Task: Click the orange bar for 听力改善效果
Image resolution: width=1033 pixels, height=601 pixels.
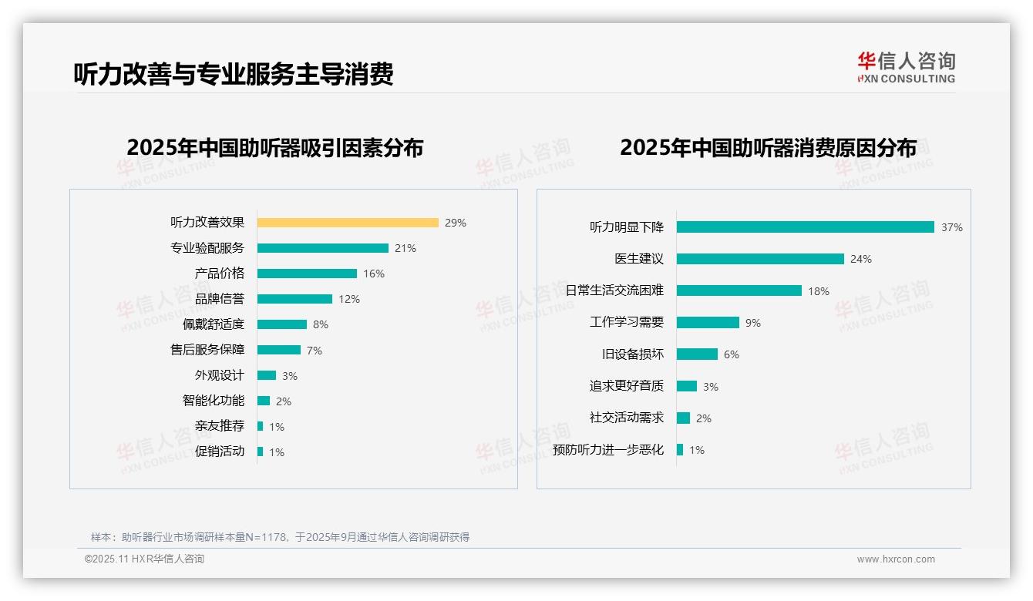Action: (x=348, y=223)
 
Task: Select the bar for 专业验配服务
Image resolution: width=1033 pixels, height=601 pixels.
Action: (x=322, y=248)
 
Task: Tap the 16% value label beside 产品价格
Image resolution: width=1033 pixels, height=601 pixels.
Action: (x=374, y=274)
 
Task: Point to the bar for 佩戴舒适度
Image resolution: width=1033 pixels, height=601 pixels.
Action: (x=282, y=324)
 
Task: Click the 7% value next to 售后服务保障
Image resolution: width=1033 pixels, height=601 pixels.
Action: (x=315, y=351)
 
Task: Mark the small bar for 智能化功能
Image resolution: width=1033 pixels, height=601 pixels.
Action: (x=264, y=401)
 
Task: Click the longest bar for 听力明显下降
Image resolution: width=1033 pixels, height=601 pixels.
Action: (x=806, y=227)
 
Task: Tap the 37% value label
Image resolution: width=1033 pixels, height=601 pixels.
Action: (x=951, y=227)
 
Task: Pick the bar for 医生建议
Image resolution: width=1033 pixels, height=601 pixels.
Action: (x=760, y=259)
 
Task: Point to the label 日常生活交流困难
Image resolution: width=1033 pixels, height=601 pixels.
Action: (x=614, y=290)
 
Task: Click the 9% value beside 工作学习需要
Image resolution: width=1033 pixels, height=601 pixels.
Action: (x=753, y=323)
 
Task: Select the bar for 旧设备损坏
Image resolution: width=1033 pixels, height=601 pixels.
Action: (x=697, y=354)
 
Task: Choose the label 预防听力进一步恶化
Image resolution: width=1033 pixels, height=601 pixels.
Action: (x=608, y=450)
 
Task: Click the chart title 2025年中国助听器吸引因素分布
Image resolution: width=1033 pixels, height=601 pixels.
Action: (x=275, y=148)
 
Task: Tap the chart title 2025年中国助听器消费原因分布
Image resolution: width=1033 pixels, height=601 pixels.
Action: (x=768, y=148)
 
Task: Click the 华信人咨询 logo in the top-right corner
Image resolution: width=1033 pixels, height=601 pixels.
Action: (x=906, y=67)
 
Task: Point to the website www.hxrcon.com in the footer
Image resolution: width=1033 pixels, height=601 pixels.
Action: (x=896, y=559)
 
